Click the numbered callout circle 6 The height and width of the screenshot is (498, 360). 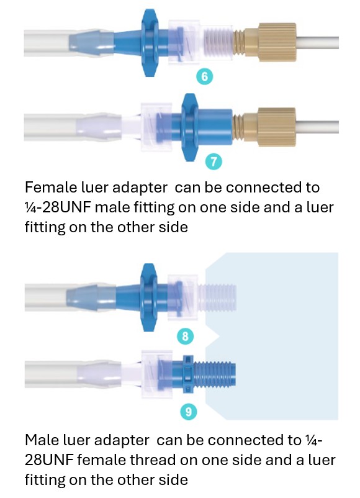205,76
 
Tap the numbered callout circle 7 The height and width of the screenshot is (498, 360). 214,161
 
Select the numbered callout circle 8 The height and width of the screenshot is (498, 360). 186,336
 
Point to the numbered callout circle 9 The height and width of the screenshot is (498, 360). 189,412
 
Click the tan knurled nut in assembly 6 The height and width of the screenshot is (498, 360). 277,42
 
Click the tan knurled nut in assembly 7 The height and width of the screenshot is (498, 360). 277,127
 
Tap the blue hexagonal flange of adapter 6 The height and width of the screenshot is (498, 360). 149,43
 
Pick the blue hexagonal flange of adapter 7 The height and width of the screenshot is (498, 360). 190,127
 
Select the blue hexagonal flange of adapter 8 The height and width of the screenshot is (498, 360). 148,297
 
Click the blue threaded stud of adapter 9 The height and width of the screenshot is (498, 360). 215,374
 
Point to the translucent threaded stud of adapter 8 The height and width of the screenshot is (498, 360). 217,297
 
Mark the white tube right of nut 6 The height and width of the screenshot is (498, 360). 317,42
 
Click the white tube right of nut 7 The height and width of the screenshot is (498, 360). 317,127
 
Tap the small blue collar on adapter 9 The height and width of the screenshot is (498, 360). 188,374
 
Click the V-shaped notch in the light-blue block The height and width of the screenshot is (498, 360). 214,336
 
